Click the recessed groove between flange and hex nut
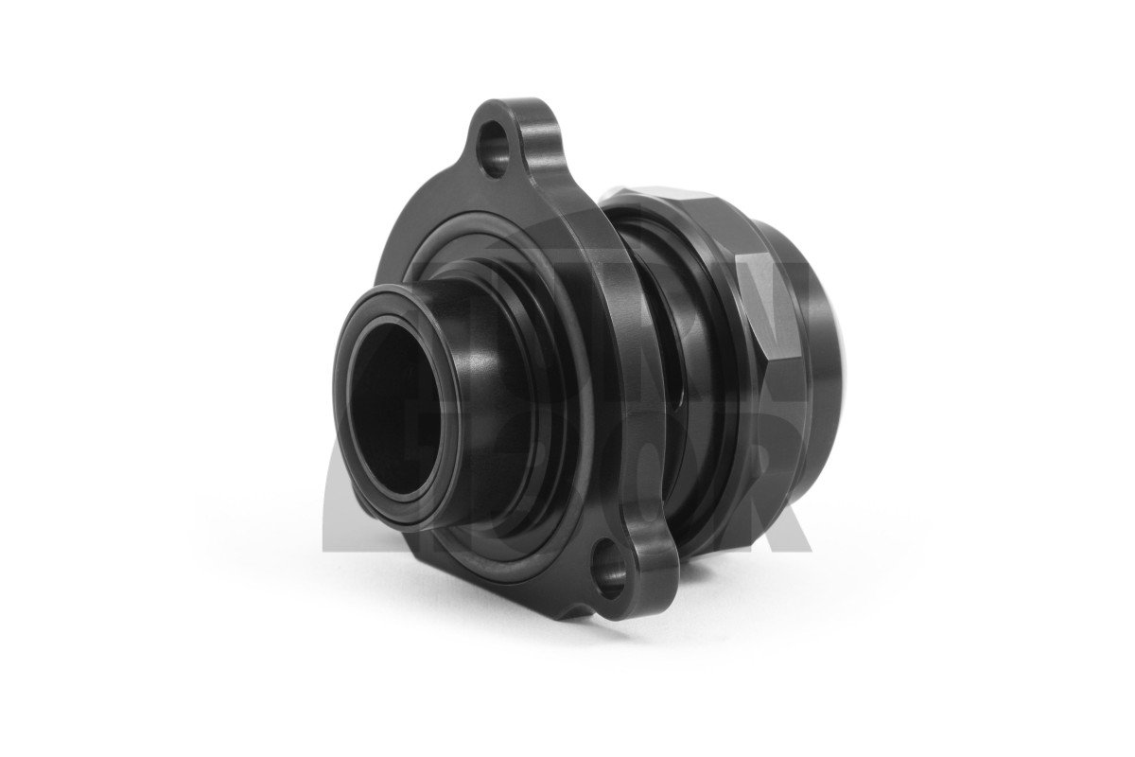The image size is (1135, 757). (x=662, y=378)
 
